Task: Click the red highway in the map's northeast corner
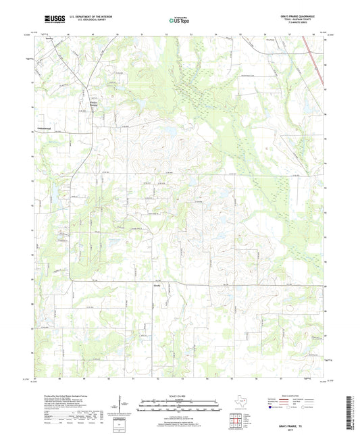(x=311, y=46)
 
